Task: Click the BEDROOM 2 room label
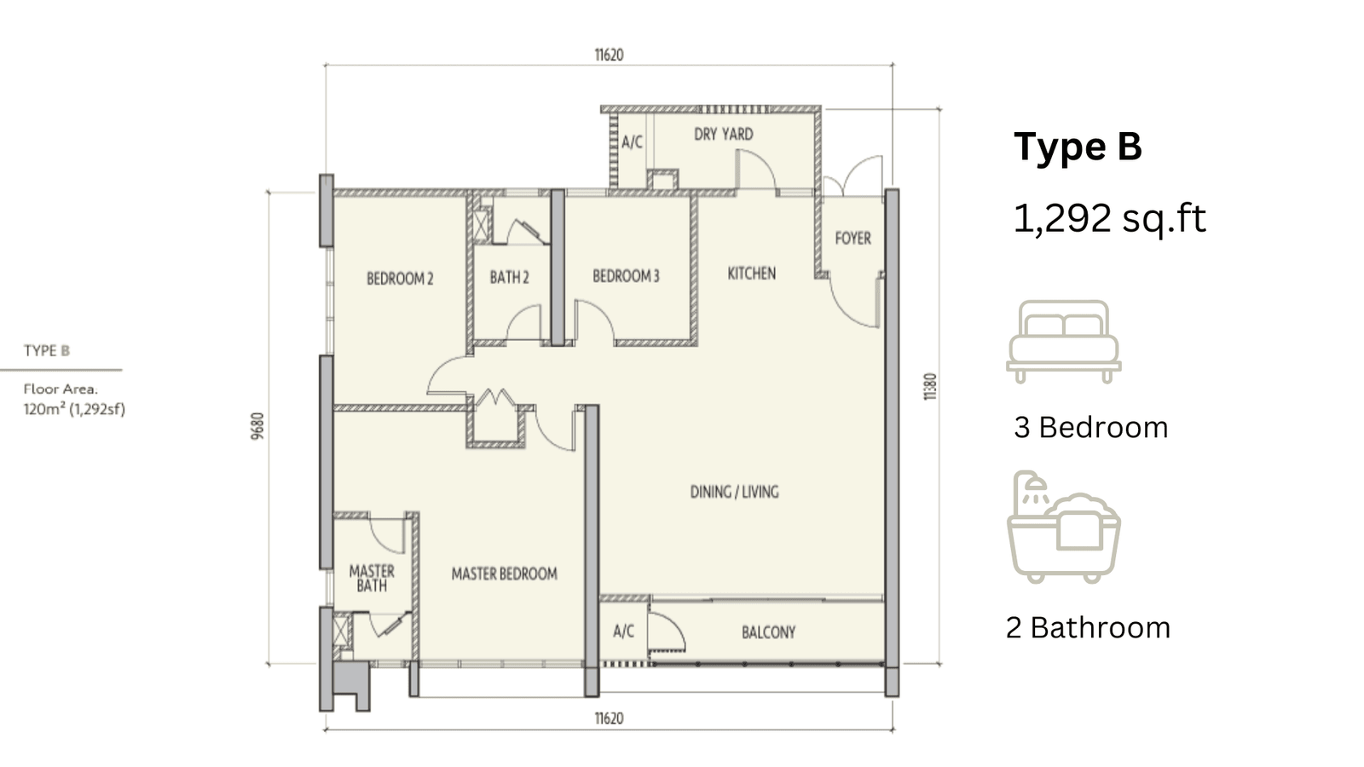pos(400,279)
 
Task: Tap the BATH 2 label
pos(510,278)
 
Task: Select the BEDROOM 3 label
pos(626,276)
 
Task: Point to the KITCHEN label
pos(752,274)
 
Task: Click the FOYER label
pos(853,238)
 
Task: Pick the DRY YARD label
pos(724,134)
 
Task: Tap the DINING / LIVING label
pos(734,492)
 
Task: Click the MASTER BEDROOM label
pos(504,574)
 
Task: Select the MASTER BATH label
pos(372,579)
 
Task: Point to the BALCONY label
pos(768,632)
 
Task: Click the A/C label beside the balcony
pos(623,631)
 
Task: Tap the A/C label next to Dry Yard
pos(632,141)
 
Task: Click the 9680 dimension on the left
pos(258,426)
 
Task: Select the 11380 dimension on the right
pos(930,387)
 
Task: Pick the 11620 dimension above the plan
pos(609,55)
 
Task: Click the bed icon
pos(1064,342)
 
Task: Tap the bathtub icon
pos(1064,528)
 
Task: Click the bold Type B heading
pos(1078,147)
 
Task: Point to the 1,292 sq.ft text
pos(1109,218)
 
